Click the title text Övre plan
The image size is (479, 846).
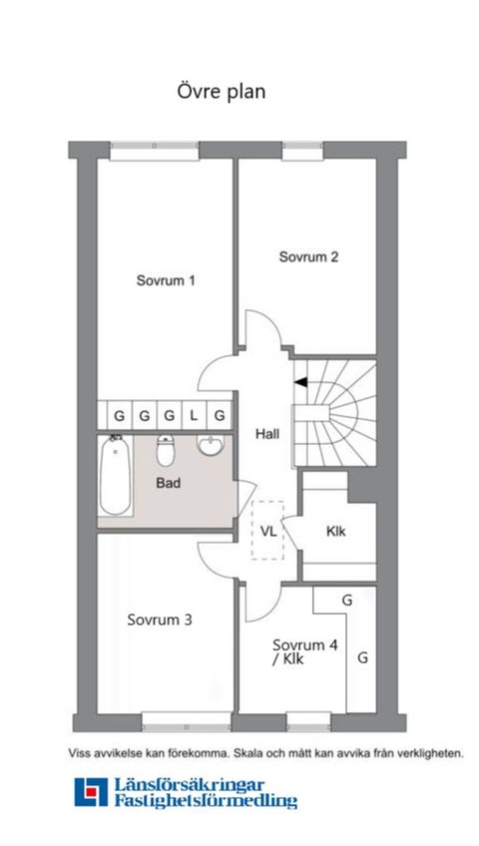[x=220, y=92]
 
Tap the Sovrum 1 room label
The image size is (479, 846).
[x=165, y=280]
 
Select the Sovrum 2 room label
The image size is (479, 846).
[x=308, y=256]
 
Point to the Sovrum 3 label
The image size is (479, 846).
[x=160, y=620]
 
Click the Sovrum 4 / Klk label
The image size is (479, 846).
[x=305, y=651]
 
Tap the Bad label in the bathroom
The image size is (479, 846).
[x=169, y=482]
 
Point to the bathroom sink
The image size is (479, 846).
[x=212, y=447]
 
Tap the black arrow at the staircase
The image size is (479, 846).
[x=299, y=381]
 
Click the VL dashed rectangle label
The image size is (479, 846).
[x=268, y=530]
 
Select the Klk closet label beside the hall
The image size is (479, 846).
[x=335, y=531]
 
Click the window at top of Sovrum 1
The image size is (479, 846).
[x=150, y=151]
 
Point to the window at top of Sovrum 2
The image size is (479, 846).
[x=300, y=151]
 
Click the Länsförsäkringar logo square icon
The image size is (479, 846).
[x=90, y=792]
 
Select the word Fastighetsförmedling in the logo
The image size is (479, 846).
[x=206, y=801]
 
